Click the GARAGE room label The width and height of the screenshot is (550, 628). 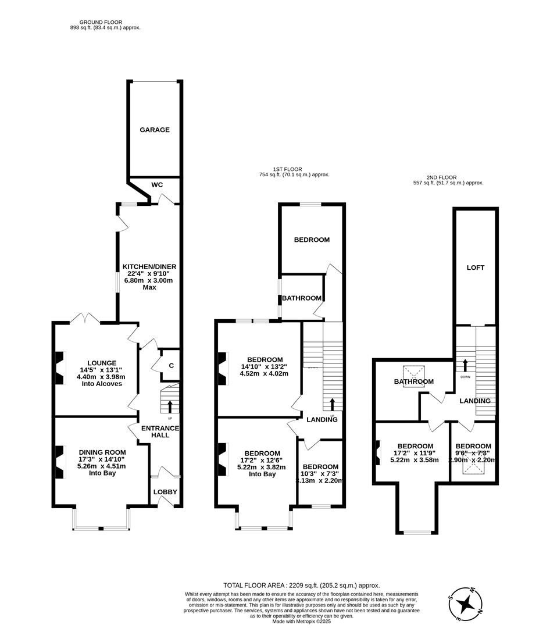(155, 130)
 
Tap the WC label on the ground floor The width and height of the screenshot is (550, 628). (157, 184)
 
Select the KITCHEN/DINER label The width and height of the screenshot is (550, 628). (149, 266)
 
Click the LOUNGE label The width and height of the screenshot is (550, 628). (102, 362)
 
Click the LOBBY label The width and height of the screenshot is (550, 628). (165, 492)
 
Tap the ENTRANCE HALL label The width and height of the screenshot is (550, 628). (160, 431)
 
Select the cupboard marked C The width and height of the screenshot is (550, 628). (171, 365)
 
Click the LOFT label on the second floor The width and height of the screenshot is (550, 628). (476, 267)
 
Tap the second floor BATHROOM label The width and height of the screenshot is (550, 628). (414, 381)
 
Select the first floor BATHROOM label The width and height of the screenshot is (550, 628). (302, 298)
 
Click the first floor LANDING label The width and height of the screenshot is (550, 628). (322, 419)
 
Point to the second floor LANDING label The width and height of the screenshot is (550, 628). (475, 401)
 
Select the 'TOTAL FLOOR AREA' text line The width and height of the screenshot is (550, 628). (301, 585)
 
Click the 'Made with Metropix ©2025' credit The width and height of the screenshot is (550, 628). (301, 621)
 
